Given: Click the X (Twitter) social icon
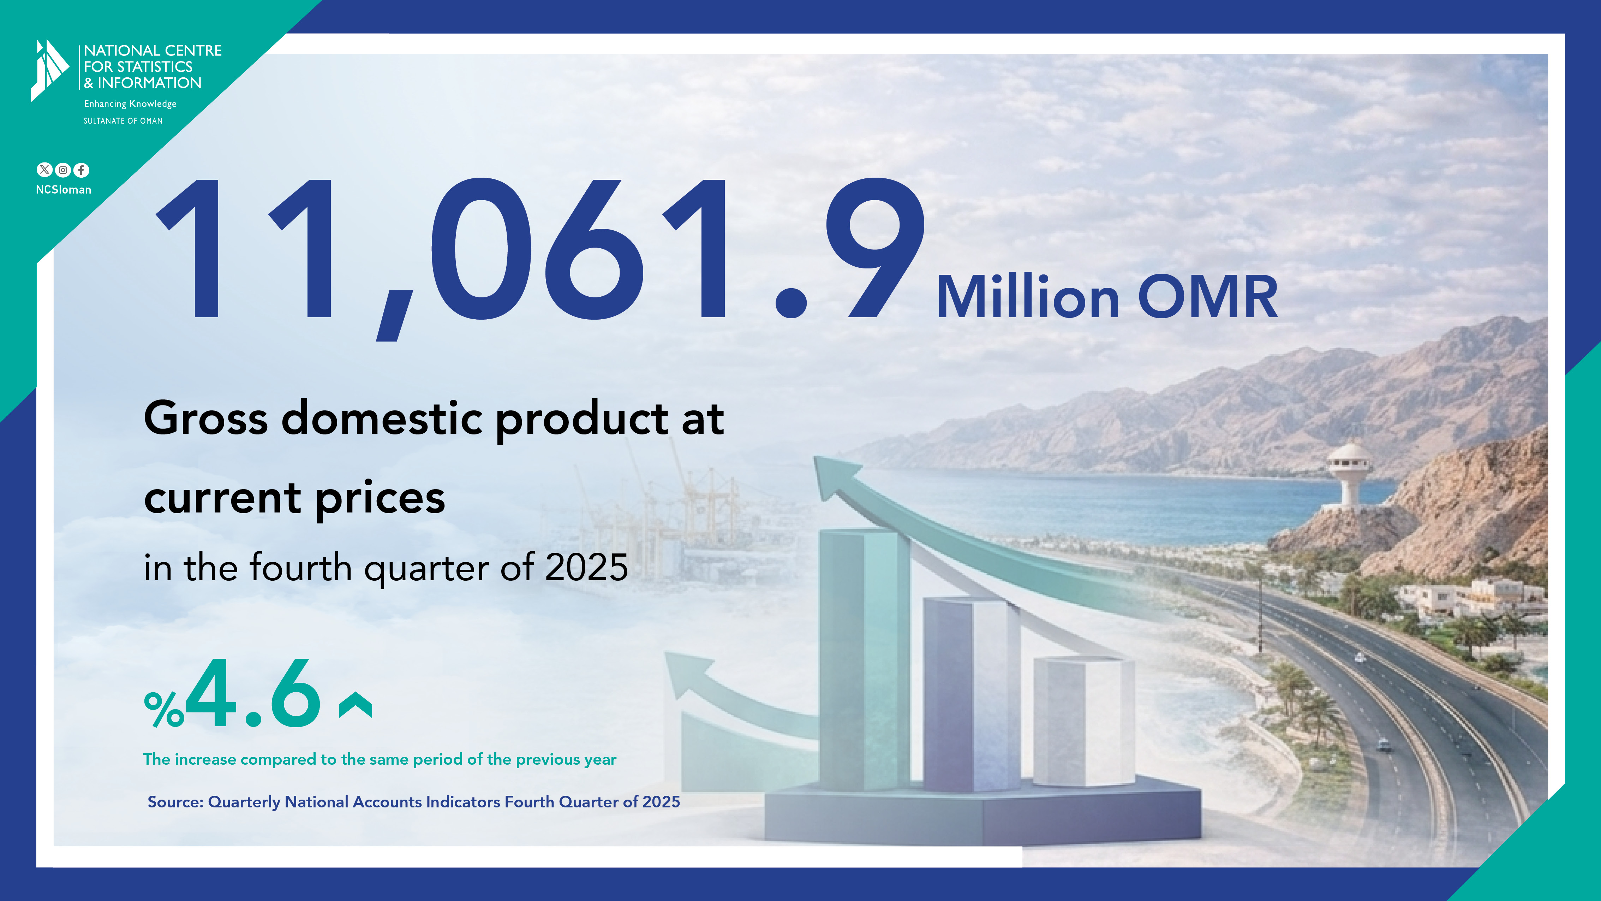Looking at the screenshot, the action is click(44, 170).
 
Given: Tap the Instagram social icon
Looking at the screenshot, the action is click(63, 170).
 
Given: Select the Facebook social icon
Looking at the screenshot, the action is click(82, 170).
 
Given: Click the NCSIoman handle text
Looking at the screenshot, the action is click(64, 190).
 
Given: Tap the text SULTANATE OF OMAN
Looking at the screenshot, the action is click(123, 121).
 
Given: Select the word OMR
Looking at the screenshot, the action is click(1208, 297).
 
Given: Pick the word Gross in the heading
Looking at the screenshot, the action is click(206, 418).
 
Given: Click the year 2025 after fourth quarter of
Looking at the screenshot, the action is click(586, 567).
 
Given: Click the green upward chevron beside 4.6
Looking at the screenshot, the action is click(356, 705).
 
